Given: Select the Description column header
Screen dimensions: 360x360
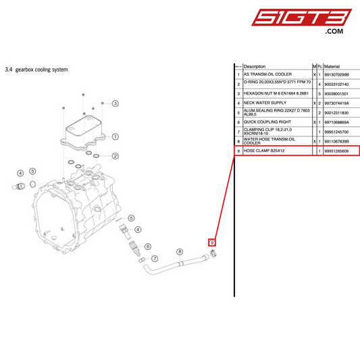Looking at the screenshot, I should point(255,67).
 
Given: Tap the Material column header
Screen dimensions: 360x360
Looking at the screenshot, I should point(332,67).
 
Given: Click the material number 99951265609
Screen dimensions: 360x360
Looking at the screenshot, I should point(340,151).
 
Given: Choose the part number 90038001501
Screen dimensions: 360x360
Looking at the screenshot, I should point(340,93).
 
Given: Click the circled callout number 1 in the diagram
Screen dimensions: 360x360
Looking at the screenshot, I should point(115,136).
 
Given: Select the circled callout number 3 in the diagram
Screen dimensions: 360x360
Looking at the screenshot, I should point(115,103).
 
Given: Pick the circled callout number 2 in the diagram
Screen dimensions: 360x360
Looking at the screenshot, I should point(115,156).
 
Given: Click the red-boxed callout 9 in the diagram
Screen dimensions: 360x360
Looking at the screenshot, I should point(211,242).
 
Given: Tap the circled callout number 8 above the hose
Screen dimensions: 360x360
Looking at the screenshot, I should point(179,251).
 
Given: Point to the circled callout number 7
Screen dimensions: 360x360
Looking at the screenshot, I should point(154,259).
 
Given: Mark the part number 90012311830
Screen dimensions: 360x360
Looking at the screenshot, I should point(340,112).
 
